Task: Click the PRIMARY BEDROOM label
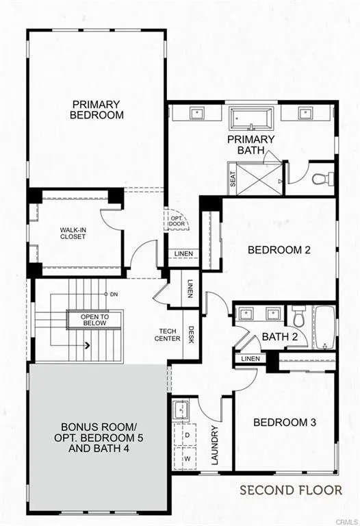pyautogui.click(x=97, y=110)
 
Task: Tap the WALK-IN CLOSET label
pyautogui.click(x=72, y=232)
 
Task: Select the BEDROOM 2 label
pyautogui.click(x=279, y=250)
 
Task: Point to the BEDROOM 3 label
pyautogui.click(x=285, y=422)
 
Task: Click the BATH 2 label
pyautogui.click(x=279, y=336)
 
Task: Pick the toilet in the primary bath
pyautogui.click(x=320, y=179)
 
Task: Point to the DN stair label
pyautogui.click(x=113, y=295)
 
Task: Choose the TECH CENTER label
pyautogui.click(x=168, y=334)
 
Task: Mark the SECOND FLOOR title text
pyautogui.click(x=290, y=490)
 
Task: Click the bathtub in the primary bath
pyautogui.click(x=253, y=117)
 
